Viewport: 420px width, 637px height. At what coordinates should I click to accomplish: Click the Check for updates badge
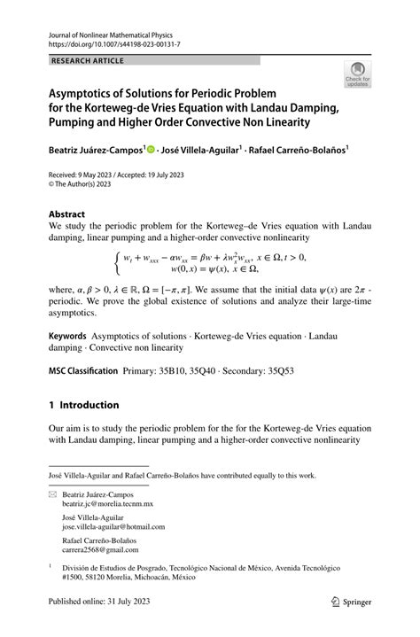point(358,74)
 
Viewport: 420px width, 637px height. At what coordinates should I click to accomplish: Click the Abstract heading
point(67,214)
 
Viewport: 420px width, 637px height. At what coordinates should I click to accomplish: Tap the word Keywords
point(67,337)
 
